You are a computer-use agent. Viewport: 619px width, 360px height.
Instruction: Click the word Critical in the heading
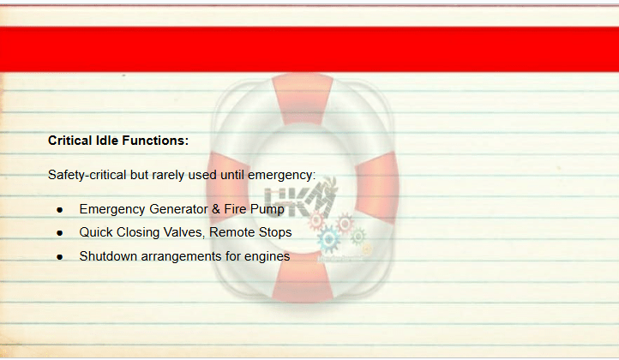pyautogui.click(x=70, y=141)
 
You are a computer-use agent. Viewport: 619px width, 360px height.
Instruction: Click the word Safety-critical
pyautogui.click(x=87, y=175)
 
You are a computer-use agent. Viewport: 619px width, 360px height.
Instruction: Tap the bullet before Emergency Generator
pyautogui.click(x=60, y=210)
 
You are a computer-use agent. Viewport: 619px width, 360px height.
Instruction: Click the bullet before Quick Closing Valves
pyautogui.click(x=60, y=233)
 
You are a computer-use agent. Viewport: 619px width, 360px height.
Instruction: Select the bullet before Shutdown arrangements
pyautogui.click(x=60, y=257)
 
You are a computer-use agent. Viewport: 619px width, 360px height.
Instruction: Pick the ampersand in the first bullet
pyautogui.click(x=216, y=209)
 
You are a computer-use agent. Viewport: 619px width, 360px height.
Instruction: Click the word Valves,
pyautogui.click(x=184, y=232)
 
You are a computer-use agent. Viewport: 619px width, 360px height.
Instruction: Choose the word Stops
pyautogui.click(x=273, y=232)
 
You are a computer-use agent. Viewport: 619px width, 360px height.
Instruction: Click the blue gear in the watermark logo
pyautogui.click(x=328, y=239)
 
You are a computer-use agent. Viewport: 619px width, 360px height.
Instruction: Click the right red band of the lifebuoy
pyautogui.click(x=377, y=187)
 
